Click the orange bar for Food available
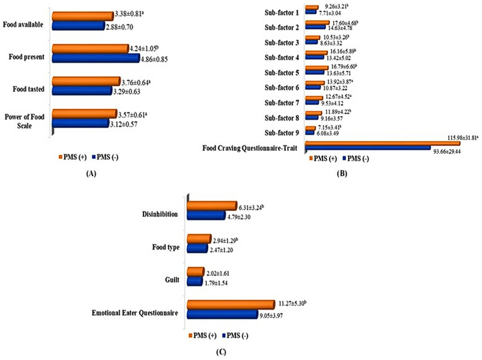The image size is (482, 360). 82,16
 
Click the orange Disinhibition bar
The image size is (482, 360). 212,205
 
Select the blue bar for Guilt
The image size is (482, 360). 195,282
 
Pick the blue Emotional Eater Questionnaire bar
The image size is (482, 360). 222,314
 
